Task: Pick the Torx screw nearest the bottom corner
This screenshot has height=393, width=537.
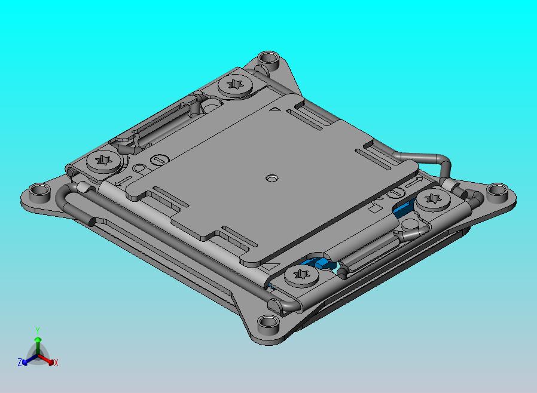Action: [x=301, y=276]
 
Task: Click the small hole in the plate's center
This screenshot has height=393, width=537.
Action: [x=272, y=178]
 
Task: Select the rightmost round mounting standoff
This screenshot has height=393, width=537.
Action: [x=496, y=192]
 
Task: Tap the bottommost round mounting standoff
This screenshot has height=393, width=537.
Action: [x=267, y=326]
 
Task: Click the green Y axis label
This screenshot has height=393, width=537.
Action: [x=37, y=330]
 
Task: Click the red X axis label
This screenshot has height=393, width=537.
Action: [x=56, y=363]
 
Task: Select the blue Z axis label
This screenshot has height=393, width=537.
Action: [x=20, y=362]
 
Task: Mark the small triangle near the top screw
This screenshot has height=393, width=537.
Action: [x=276, y=109]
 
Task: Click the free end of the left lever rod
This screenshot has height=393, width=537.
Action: [x=91, y=222]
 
